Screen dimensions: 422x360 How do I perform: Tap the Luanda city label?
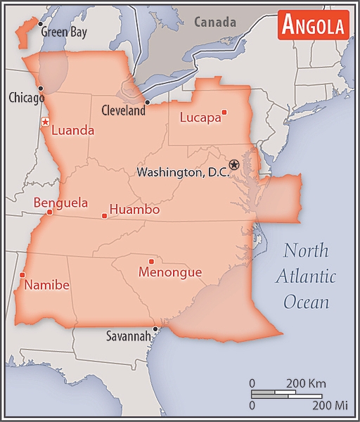(72, 130)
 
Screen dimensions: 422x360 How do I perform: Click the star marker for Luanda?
(45, 122)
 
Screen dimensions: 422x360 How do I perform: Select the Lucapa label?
(200, 117)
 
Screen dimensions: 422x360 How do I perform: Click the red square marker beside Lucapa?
(224, 112)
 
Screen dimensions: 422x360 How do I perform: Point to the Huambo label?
(134, 210)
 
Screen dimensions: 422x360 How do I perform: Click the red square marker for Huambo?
(104, 215)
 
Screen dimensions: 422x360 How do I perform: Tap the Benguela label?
(60, 203)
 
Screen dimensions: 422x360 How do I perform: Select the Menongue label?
(170, 272)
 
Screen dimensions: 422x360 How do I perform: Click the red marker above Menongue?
(151, 262)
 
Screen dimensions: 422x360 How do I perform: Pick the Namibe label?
(46, 285)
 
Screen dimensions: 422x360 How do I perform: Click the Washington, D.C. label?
(183, 172)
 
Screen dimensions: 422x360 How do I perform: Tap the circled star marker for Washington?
(234, 165)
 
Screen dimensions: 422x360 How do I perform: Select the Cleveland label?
(123, 110)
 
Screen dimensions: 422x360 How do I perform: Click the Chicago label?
(26, 97)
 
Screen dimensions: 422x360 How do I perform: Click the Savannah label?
(128, 336)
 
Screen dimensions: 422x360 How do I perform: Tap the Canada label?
(215, 23)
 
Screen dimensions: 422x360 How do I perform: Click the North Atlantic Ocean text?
(306, 276)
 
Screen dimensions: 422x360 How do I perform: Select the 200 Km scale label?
(306, 383)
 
